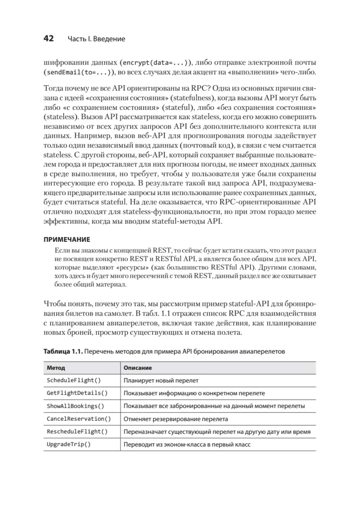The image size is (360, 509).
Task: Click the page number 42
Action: pyautogui.click(x=48, y=39)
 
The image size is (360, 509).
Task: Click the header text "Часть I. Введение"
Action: pyautogui.click(x=96, y=39)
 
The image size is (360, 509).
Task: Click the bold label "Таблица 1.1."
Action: pyautogui.click(x=62, y=352)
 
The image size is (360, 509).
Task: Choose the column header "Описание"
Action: pyautogui.click(x=137, y=368)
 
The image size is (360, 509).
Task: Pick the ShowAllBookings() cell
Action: pyautogui.click(x=75, y=406)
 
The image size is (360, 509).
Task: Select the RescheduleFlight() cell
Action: pyautogui.click(x=77, y=432)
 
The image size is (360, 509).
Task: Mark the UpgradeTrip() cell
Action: pyautogui.click(x=69, y=445)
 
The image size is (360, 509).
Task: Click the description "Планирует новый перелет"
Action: pyautogui.click(x=161, y=381)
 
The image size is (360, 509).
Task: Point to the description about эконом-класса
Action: pyautogui.click(x=187, y=445)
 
